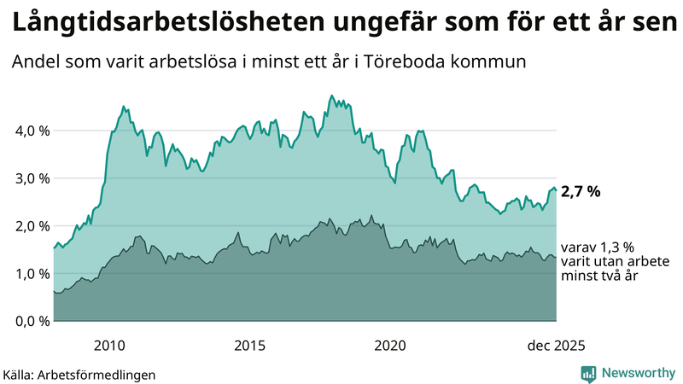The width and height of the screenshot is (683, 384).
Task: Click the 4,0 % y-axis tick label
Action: point(28,131)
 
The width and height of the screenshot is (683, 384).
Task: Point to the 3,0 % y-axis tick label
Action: point(28,178)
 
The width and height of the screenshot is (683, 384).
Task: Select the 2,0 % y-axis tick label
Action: point(28,226)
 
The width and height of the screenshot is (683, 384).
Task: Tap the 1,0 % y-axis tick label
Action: point(28,274)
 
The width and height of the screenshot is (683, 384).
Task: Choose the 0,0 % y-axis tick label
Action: point(28,321)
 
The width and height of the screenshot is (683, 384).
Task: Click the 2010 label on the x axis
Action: point(109,346)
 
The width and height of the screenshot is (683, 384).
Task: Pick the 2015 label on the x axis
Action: point(249,346)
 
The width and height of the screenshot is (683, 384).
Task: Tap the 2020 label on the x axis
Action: point(390,346)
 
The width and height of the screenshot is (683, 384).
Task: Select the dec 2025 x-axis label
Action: point(556,346)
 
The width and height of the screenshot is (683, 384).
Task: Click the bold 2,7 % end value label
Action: point(581,192)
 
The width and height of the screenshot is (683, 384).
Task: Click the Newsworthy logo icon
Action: point(588,373)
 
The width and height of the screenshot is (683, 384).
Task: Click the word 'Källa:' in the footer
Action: point(24,375)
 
